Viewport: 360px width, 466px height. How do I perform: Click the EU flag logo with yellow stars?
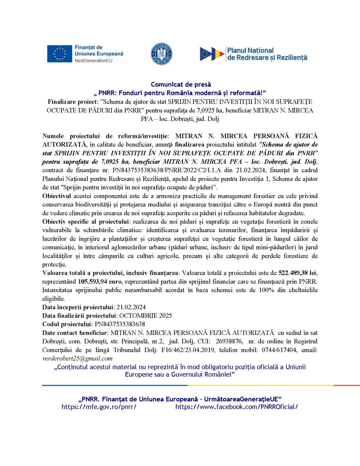59,54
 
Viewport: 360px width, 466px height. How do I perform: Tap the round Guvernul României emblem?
162,54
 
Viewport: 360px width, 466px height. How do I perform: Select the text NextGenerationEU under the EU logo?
93,61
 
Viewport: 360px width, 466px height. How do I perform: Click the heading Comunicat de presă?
181,84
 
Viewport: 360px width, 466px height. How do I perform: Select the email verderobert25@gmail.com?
77,359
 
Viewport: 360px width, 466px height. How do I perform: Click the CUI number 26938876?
229,342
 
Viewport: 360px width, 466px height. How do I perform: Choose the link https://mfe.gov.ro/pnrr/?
99,407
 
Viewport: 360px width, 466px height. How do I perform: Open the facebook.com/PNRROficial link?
237,407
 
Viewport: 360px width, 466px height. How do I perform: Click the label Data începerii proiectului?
78,307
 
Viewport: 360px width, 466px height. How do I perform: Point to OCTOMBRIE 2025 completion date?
146,316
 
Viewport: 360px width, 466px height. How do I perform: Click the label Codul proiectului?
67,324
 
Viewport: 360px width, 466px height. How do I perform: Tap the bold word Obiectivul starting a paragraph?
57,196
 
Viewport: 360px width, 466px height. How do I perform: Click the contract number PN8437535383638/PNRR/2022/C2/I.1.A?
167,171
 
